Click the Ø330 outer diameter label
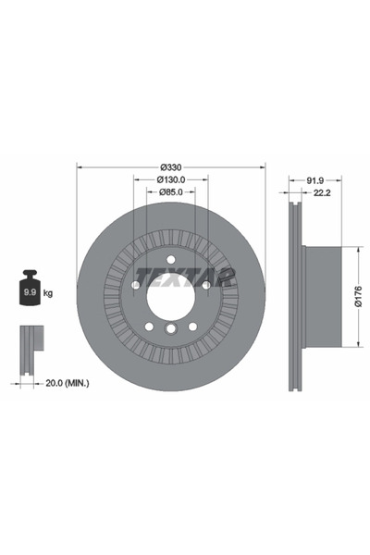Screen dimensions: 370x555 pyautogui.click(x=171, y=167)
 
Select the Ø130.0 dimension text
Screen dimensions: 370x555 pyautogui.click(x=171, y=179)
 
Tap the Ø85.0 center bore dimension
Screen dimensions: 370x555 pyautogui.click(x=171, y=192)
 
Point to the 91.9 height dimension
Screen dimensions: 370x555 pyautogui.click(x=315, y=180)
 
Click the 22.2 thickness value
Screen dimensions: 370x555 pyautogui.click(x=322, y=193)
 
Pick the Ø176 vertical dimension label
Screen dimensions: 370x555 pyautogui.click(x=358, y=296)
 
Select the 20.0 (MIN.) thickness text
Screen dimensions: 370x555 pyautogui.click(x=68, y=383)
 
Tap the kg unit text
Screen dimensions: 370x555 pyautogui.click(x=48, y=293)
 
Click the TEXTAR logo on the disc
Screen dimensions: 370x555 pyautogui.click(x=185, y=277)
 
